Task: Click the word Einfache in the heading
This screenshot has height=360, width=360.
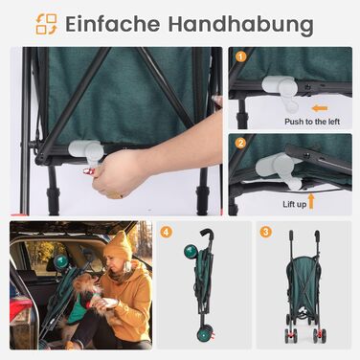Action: click(113, 23)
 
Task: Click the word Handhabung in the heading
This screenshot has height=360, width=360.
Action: click(241, 24)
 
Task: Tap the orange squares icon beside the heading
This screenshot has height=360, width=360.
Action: click(46, 24)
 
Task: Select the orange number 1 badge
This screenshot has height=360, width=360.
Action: click(240, 57)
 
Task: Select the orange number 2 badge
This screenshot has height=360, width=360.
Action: click(240, 143)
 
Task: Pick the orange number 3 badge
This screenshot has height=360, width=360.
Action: click(265, 232)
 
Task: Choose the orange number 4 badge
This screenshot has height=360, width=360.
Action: click(166, 232)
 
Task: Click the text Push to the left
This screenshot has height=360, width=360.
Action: click(312, 122)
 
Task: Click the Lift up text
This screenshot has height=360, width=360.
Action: click(295, 204)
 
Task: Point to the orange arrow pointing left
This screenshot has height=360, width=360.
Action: click(320, 108)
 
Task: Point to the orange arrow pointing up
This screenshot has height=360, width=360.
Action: click(311, 201)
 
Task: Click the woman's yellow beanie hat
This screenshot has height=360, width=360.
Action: click(119, 246)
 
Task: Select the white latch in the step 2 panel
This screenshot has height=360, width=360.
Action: click(279, 170)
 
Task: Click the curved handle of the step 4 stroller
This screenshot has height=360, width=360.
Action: click(208, 236)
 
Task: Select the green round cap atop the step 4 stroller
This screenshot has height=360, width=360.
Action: click(190, 252)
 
